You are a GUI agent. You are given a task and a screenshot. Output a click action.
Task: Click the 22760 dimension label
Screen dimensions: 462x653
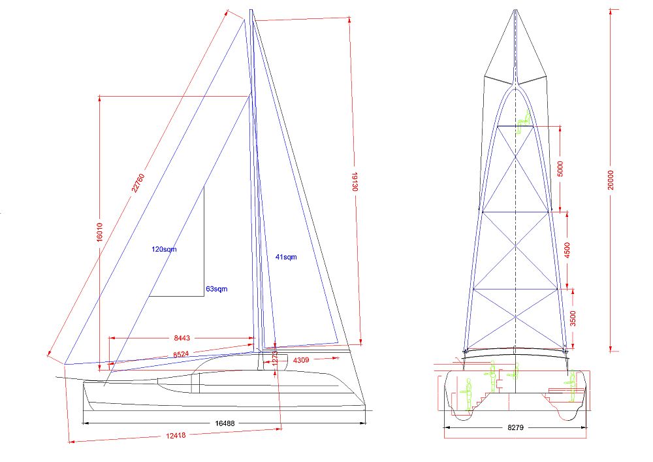coord(137,184)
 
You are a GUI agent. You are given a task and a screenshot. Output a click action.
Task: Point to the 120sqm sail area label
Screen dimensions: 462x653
coord(165,249)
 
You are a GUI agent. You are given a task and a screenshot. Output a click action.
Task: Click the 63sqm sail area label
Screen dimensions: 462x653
coord(217,288)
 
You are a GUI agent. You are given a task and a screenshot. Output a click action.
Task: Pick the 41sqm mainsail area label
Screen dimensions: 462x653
coord(285,257)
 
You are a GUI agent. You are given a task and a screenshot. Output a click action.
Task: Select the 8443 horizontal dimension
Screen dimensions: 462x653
coord(182,338)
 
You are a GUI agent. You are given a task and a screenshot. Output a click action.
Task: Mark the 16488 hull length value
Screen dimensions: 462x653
coord(225,423)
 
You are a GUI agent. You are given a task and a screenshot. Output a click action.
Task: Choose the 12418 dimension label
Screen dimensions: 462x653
coord(176,435)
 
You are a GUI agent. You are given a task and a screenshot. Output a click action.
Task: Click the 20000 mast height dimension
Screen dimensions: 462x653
coord(611,176)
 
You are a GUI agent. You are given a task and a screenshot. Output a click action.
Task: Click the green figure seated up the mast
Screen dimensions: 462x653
coord(523,121)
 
